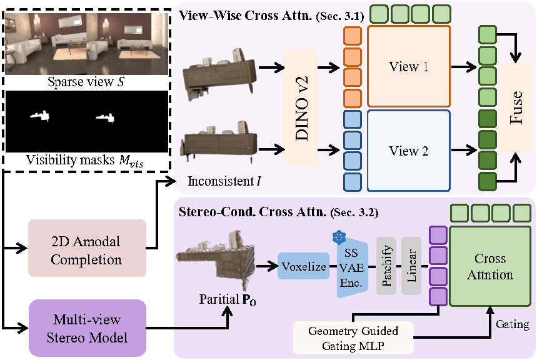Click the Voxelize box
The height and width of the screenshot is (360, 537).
click(303, 267)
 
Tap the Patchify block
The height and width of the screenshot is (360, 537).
click(386, 267)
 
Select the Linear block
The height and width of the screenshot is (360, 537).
click(411, 267)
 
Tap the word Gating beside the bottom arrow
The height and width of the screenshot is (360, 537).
click(512, 325)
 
